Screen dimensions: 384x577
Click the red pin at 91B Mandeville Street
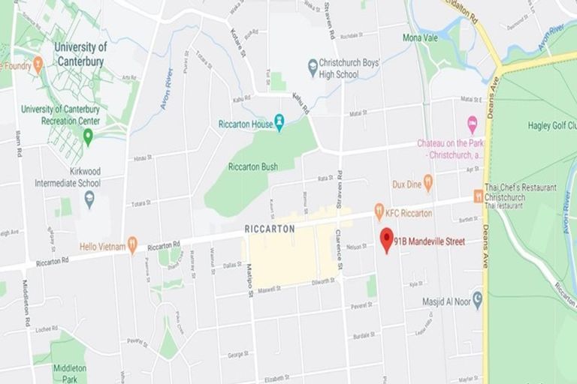(387, 239)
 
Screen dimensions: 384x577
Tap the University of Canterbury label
(80, 53)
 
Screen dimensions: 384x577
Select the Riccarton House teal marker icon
(279, 121)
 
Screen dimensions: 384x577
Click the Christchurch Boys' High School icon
(313, 67)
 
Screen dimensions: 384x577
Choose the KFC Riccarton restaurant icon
(379, 212)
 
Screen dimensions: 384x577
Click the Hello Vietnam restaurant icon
(132, 244)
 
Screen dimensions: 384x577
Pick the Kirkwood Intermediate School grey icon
(89, 199)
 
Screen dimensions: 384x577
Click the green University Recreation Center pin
(88, 136)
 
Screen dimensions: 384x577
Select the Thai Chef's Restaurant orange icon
(478, 196)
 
